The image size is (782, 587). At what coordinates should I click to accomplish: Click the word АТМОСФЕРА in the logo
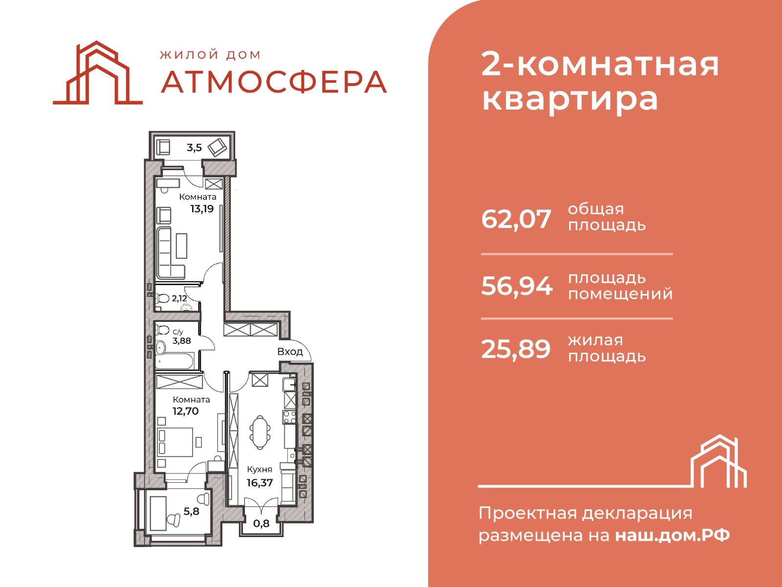coord(274,82)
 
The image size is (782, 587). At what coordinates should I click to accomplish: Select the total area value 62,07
coord(516,219)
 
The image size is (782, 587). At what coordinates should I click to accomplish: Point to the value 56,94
coord(517,286)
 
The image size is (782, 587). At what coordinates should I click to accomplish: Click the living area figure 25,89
coord(516,349)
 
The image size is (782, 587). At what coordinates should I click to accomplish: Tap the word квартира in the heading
coord(570,99)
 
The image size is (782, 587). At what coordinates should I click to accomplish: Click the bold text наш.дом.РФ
coord(672,535)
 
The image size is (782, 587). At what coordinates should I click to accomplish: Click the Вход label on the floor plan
coord(290,352)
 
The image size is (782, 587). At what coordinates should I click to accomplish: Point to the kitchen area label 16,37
coord(260,483)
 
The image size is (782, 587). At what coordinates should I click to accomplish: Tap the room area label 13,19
coord(202,209)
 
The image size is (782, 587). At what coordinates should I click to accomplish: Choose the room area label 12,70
coord(186,411)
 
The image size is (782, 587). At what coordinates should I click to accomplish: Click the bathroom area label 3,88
coord(182,341)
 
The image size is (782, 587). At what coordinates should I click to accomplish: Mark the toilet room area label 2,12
coord(179,298)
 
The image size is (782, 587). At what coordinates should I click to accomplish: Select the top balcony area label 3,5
coord(195,148)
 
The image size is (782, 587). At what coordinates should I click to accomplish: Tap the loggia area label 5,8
coord(191,512)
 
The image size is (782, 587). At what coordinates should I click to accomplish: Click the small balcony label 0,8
coord(261,523)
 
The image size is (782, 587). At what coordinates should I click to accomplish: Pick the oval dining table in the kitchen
coord(260,432)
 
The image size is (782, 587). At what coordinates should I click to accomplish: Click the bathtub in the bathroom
coord(174,361)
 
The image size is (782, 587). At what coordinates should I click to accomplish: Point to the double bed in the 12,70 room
coord(175,442)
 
